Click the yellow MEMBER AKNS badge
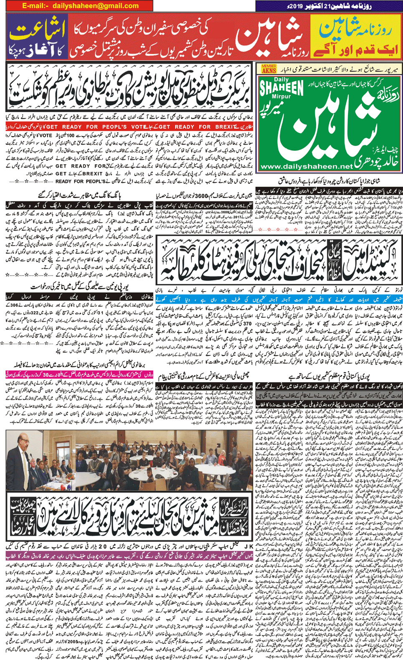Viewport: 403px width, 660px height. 269,69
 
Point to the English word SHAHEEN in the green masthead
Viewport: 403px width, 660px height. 282,89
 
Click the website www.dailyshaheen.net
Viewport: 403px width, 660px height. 306,166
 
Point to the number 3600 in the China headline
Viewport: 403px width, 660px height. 201,195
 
